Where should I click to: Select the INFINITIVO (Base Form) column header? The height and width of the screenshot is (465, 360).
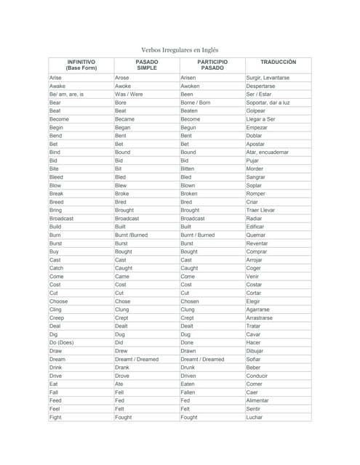[81, 65]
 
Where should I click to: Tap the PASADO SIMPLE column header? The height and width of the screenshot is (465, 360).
[147, 65]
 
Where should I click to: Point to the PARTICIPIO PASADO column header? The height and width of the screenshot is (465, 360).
[212, 65]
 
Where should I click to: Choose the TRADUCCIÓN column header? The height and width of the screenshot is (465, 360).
[278, 62]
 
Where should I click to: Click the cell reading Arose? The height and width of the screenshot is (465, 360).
[122, 77]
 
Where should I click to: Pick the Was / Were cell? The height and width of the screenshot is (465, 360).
[129, 94]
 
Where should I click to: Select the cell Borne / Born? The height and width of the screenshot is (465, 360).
[195, 102]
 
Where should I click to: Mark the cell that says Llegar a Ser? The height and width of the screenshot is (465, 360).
[261, 119]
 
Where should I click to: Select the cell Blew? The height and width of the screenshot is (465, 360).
[121, 185]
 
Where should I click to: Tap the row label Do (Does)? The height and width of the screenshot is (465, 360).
[61, 343]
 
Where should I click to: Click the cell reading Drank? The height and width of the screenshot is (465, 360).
[122, 368]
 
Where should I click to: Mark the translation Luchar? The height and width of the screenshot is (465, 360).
[255, 417]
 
